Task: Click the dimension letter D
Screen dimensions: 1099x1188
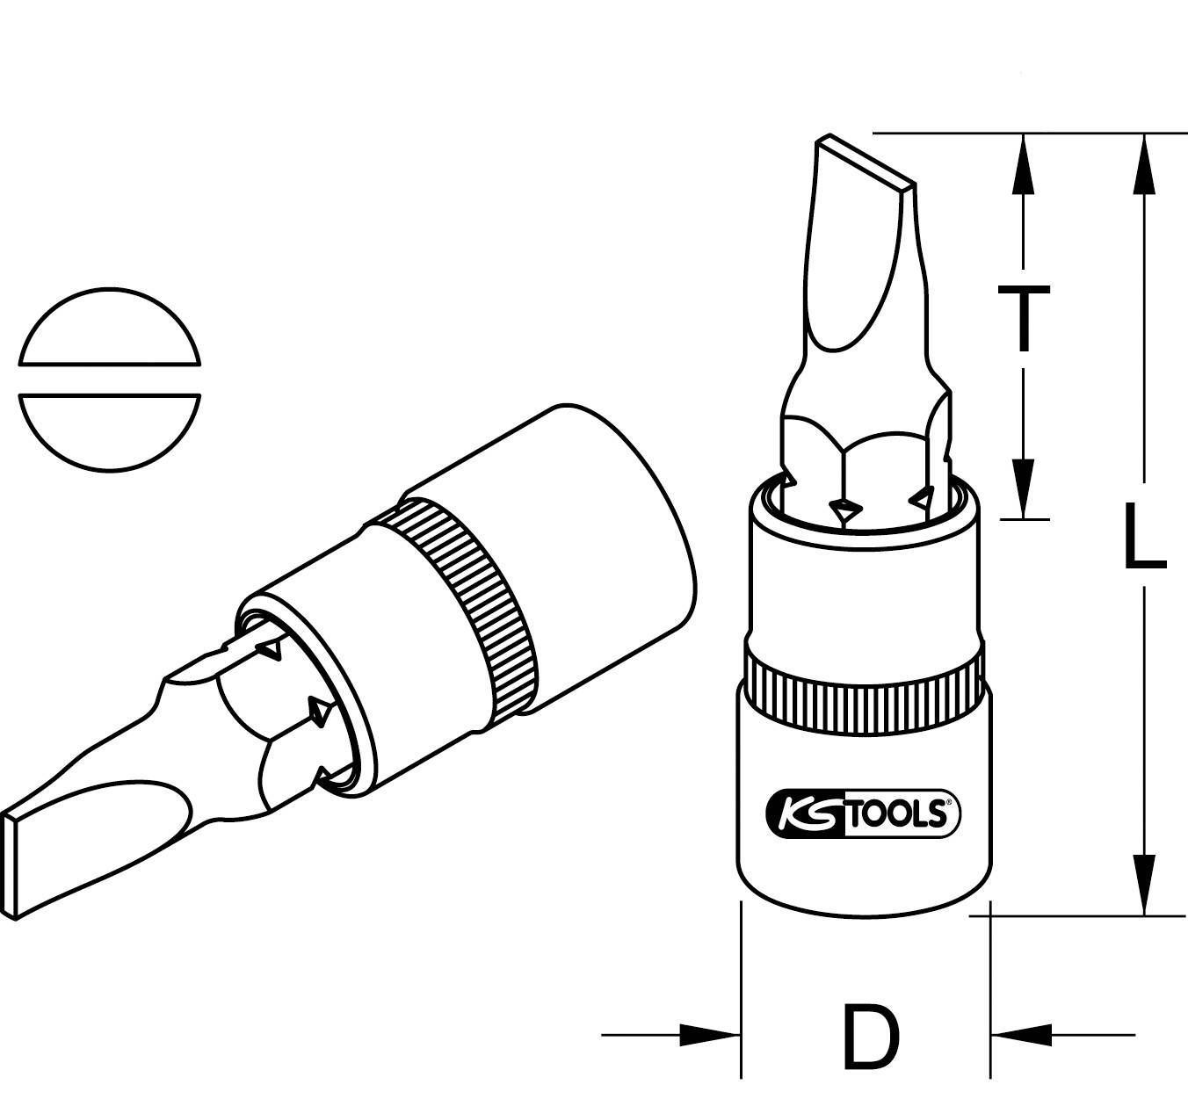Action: [x=871, y=1038]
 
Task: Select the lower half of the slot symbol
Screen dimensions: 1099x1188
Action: [x=109, y=430]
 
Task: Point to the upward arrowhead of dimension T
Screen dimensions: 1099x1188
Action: [x=1022, y=163]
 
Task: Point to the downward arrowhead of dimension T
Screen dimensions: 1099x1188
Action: [x=1022, y=488]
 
